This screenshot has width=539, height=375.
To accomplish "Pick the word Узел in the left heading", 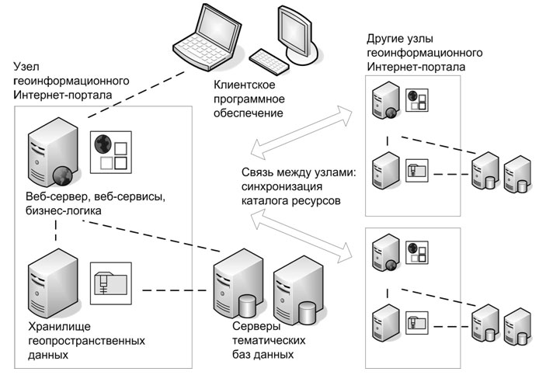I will [26, 68].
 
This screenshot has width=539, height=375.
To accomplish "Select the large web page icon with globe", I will [109, 151].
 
